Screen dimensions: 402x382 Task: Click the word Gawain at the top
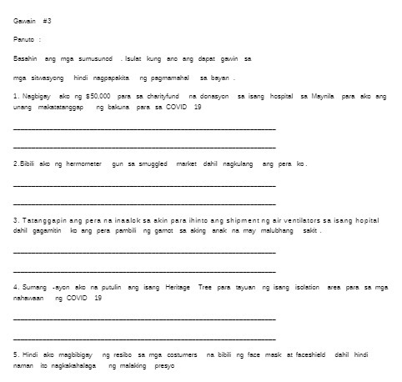point(25,19)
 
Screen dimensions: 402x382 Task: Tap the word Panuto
point(24,39)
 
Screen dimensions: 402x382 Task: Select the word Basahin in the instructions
point(27,59)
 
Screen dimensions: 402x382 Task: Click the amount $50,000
point(98,97)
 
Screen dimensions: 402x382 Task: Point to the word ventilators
point(310,219)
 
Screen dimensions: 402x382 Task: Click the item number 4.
point(16,286)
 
